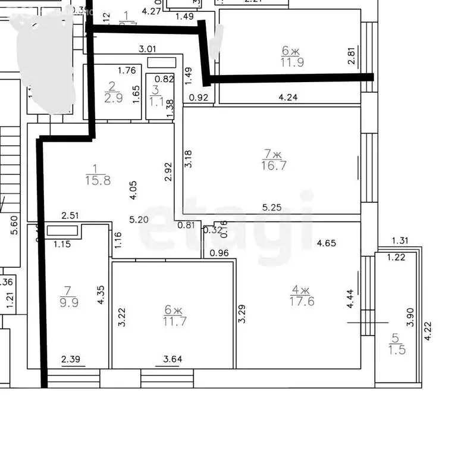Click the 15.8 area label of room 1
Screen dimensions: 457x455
[98, 180]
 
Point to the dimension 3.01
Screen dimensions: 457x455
[147, 49]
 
